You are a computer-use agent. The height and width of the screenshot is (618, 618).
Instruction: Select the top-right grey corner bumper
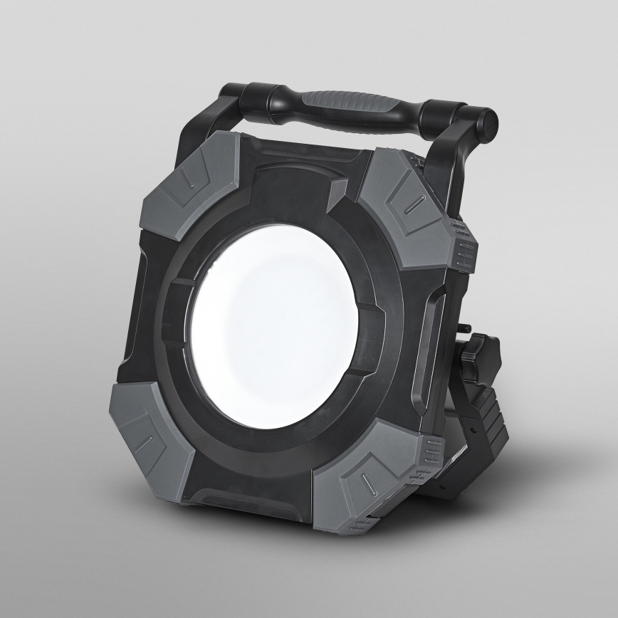tap(402, 210)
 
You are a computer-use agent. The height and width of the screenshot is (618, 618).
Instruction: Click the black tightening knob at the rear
tap(481, 352)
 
